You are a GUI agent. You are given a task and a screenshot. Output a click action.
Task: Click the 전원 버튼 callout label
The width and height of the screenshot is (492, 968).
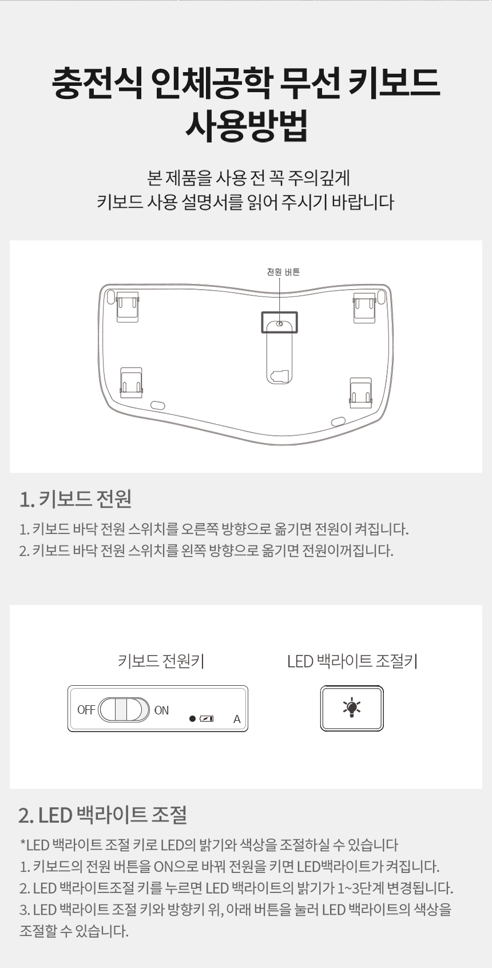283,272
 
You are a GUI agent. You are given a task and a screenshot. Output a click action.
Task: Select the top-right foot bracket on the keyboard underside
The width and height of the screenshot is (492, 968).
364,307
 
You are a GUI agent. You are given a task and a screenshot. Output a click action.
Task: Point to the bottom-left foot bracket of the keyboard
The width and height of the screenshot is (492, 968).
132,383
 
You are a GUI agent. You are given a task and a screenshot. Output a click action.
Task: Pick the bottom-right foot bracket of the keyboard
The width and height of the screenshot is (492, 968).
360,392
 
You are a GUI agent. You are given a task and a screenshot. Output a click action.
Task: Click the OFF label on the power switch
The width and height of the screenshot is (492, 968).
86,710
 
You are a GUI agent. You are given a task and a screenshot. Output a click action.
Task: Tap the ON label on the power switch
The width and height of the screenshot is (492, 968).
161,710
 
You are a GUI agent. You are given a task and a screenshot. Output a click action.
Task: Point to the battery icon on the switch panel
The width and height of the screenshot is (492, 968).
207,718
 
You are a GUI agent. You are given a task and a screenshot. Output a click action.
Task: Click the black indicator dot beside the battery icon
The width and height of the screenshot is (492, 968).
193,718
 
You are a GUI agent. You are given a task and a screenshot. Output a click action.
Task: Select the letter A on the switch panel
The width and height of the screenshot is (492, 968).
237,719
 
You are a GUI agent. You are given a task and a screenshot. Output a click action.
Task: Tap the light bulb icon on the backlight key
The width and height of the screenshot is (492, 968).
352,708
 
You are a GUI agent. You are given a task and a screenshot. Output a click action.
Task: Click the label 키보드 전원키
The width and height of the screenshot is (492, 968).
161,661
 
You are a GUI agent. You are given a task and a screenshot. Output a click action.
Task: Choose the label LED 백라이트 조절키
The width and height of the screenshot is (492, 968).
352,661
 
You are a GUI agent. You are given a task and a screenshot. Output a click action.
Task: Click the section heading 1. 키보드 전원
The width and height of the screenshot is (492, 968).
76,499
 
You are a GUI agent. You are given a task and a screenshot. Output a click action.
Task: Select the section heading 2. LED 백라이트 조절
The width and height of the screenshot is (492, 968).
103,815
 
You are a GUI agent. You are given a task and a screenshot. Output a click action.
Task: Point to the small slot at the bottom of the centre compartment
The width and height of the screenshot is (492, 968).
280,376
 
